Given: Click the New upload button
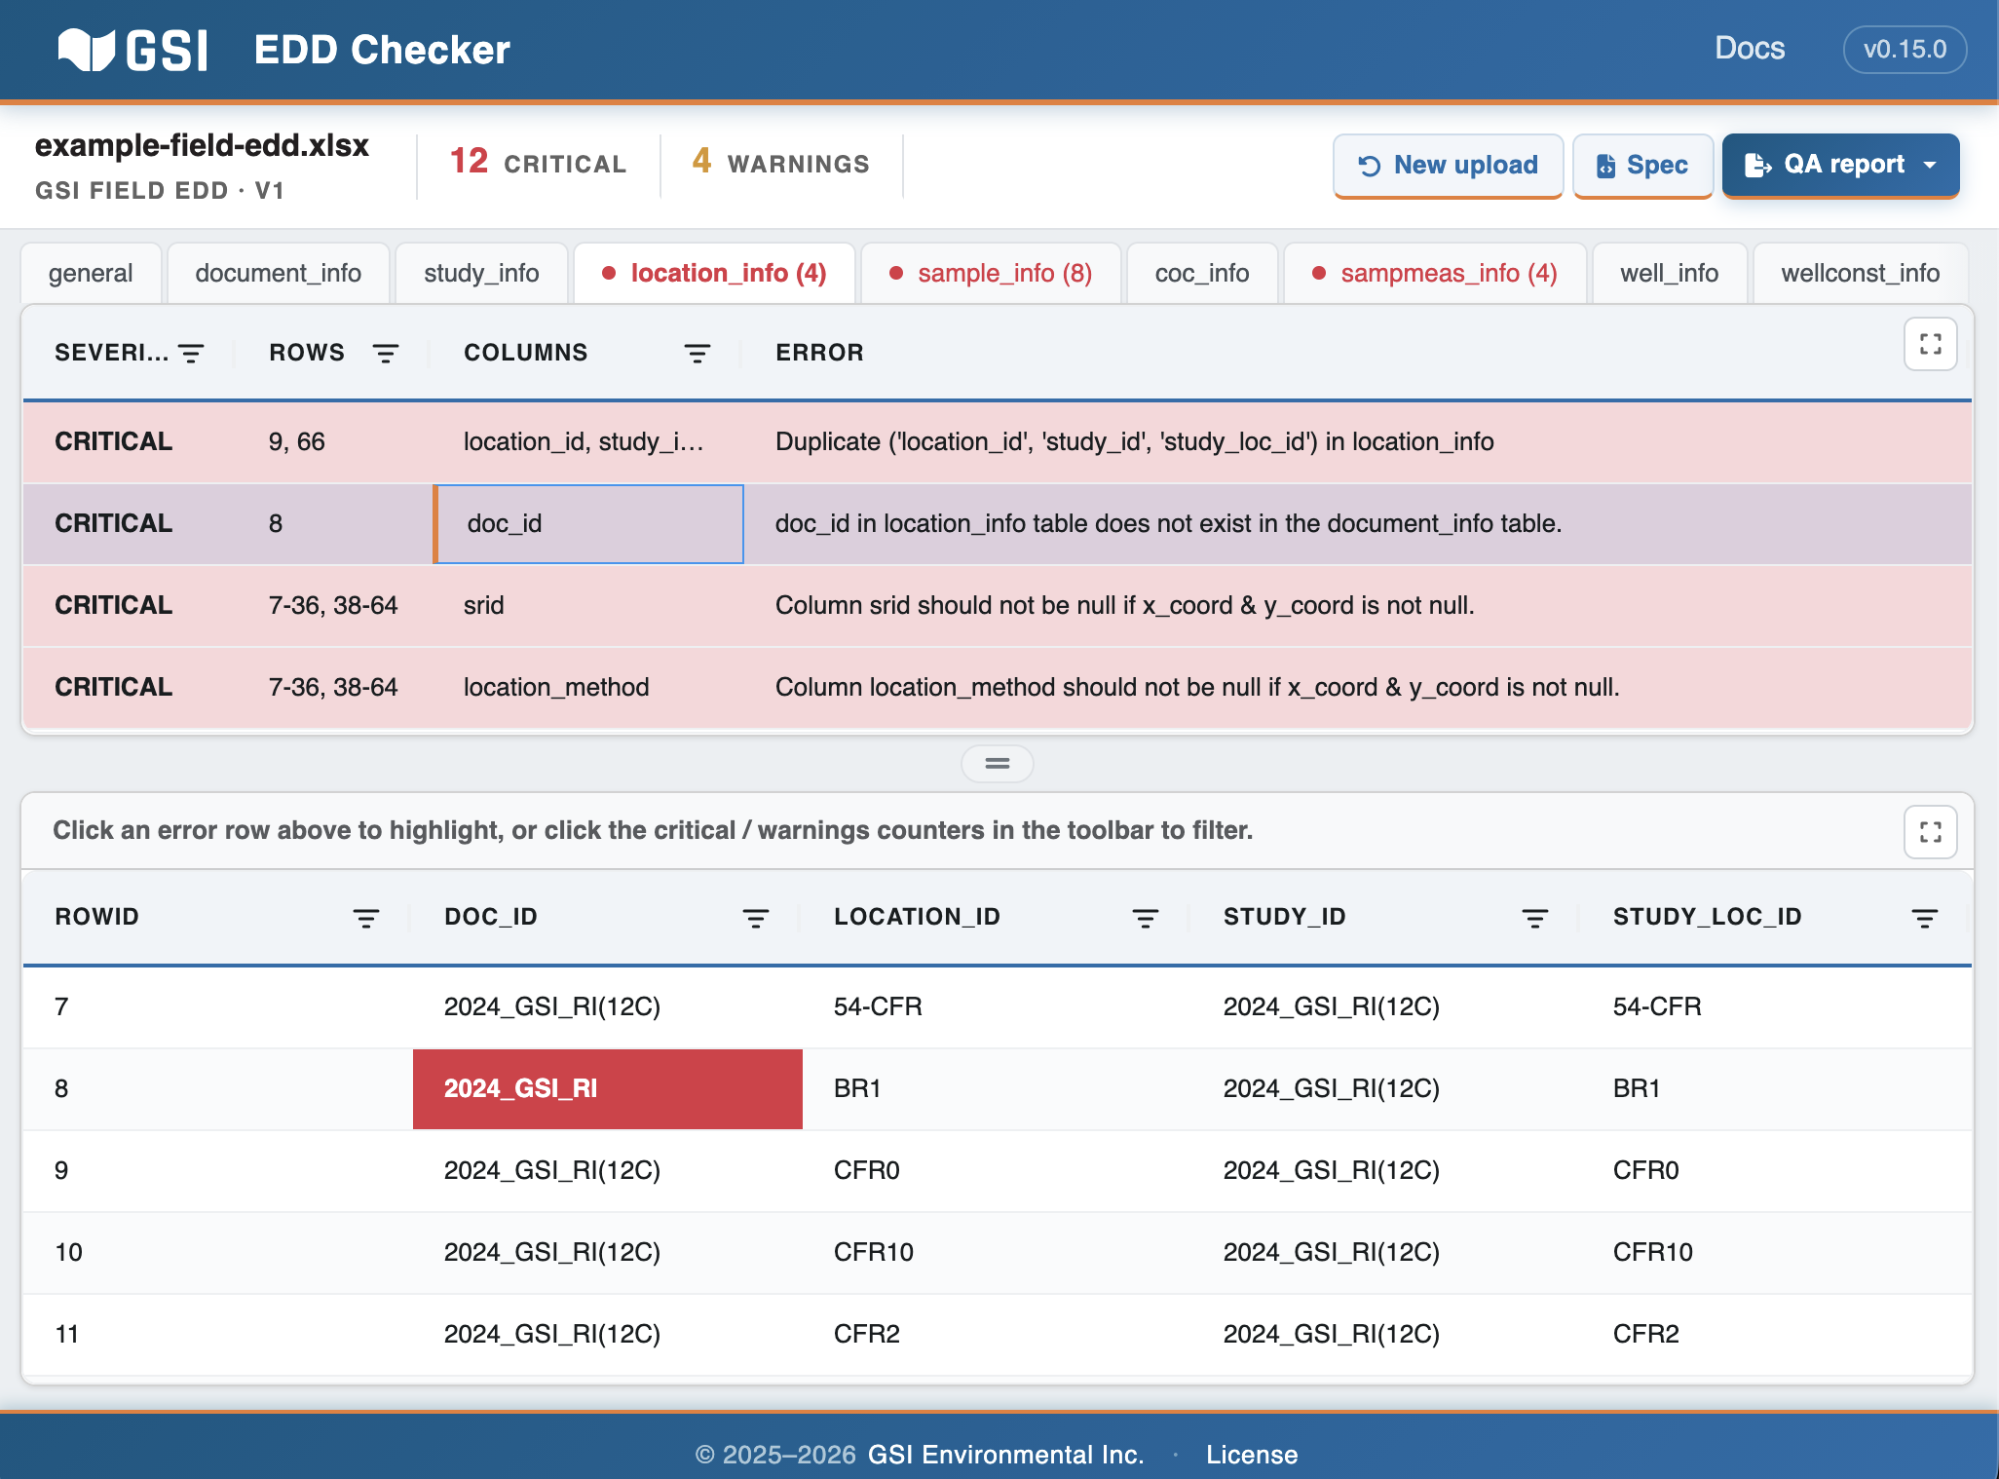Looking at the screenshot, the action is [1448, 166].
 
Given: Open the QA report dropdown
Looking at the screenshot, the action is [1840, 166].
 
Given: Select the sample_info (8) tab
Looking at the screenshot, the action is [991, 274].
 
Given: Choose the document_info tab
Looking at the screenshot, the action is [278, 274].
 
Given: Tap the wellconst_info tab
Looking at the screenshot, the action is [1860, 274].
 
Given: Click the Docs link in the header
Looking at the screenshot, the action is [1750, 49].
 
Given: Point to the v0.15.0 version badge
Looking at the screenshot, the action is [1905, 50].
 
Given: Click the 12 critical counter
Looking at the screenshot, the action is [538, 163].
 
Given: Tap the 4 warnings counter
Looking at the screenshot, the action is [780, 163].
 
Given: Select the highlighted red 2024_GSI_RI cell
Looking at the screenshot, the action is [608, 1088].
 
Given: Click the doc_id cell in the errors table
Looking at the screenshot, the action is [588, 524].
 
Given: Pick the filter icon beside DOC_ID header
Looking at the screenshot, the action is [755, 918].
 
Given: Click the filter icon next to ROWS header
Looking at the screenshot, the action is [386, 354].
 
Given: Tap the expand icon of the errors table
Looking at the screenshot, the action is [1931, 344].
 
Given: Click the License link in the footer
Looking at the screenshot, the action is [1252, 1455].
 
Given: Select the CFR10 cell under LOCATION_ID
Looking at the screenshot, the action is [874, 1252].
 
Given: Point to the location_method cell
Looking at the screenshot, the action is [556, 688].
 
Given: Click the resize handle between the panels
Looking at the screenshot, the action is [998, 764].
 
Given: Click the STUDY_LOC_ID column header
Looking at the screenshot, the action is [1708, 917].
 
